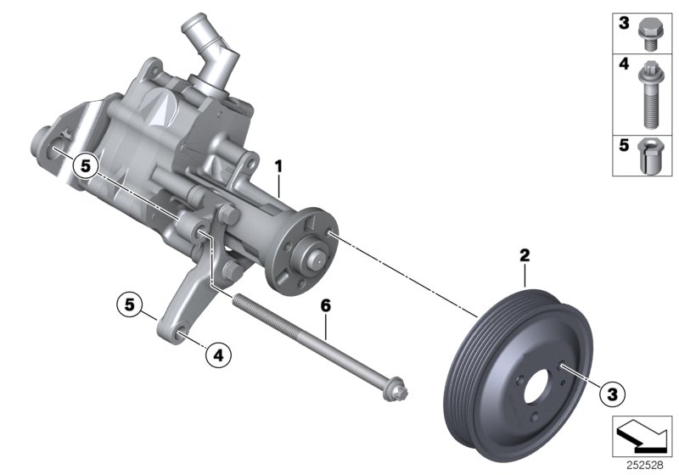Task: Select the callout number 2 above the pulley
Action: pos(525,254)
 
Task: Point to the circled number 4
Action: pos(217,357)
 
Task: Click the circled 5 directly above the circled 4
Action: pos(128,304)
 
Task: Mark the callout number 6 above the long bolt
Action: pos(323,304)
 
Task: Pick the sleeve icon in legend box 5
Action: pos(650,155)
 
